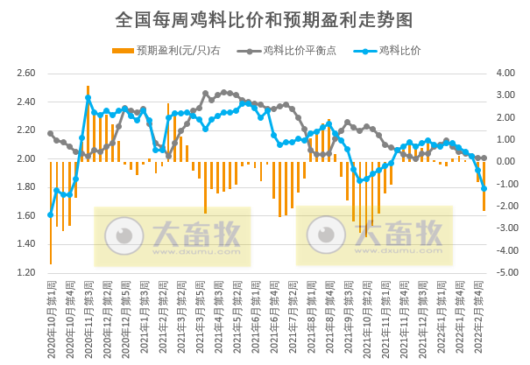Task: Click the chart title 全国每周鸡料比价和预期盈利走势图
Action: coord(264,18)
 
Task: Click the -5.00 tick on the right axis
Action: coord(505,273)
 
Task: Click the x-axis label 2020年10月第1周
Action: coord(51,311)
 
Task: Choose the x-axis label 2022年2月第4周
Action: coord(483,311)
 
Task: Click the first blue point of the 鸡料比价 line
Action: coord(50,214)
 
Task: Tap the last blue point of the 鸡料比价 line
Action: coord(484,189)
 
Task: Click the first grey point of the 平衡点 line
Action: coord(50,133)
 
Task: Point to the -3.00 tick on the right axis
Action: coord(505,228)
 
